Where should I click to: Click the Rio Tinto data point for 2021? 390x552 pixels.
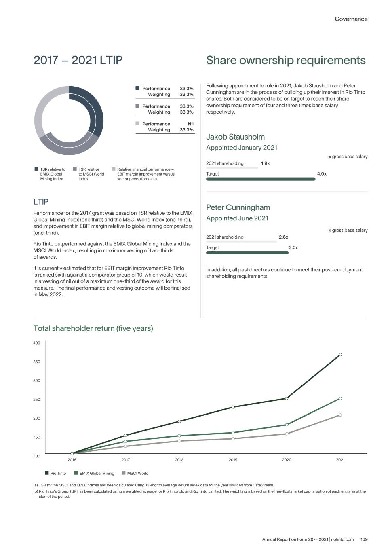click(340, 355)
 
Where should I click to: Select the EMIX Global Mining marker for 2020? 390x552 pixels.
click(287, 425)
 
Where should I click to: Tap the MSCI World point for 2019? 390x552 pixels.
click(233, 439)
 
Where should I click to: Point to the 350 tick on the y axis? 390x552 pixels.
click(37, 362)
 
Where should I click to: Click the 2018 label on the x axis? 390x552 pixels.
click(179, 460)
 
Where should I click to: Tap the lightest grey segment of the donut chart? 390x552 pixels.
click(41, 109)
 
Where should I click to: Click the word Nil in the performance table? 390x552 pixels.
click(190, 124)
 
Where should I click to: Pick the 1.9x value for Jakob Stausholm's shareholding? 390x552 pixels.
click(265, 163)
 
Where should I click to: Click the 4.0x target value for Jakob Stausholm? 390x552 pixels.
click(322, 174)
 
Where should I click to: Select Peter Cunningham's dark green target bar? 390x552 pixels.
click(247, 253)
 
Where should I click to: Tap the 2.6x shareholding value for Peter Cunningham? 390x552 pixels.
click(283, 237)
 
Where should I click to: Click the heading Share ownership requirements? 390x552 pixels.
click(286, 60)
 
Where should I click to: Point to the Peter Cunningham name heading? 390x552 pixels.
click(238, 207)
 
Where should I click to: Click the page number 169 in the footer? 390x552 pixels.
click(364, 539)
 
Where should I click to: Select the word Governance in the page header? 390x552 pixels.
click(351, 19)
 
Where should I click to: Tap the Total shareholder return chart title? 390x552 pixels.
click(93, 328)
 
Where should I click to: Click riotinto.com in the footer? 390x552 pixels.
click(342, 539)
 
